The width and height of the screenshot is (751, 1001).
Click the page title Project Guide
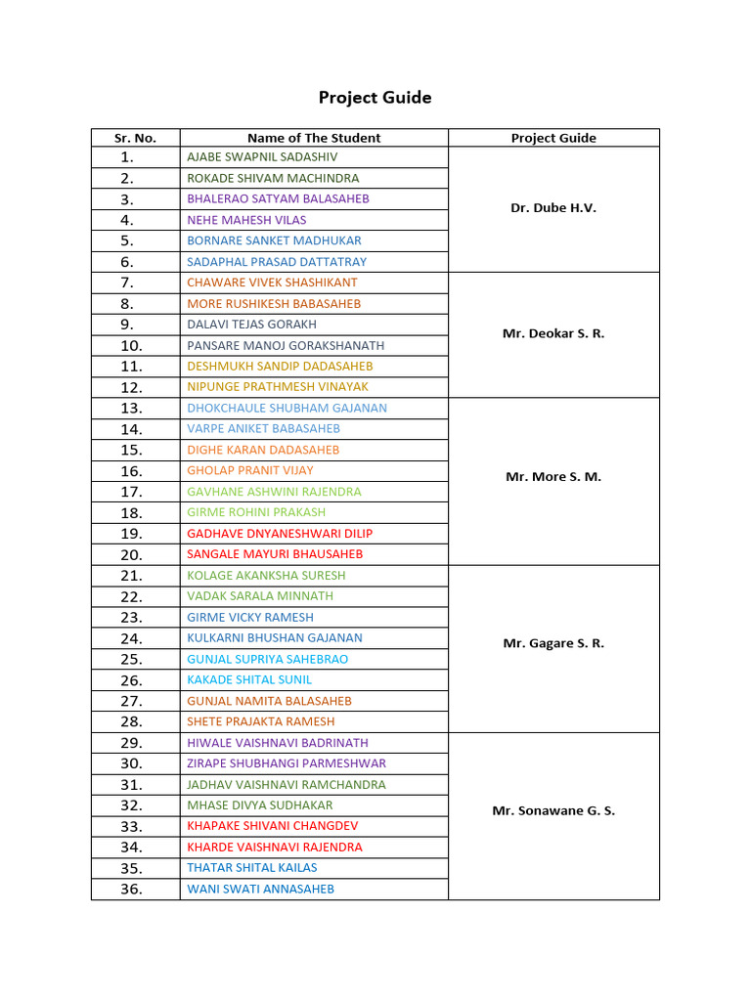[x=375, y=98]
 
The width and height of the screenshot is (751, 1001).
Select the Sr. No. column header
[x=135, y=138]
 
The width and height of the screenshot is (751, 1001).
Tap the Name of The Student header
[x=314, y=138]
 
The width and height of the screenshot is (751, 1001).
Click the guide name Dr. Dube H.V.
[x=553, y=208]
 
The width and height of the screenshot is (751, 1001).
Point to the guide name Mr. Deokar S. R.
[x=553, y=333]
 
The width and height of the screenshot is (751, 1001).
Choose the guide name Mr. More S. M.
[x=553, y=477]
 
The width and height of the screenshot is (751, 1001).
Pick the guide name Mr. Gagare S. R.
[x=553, y=643]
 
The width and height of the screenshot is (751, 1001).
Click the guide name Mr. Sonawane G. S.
[x=553, y=811]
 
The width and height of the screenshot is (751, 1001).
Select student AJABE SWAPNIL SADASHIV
[x=263, y=156]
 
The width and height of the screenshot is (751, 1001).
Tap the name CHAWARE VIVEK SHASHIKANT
[x=272, y=283]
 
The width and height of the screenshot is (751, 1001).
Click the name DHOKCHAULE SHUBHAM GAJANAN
[x=287, y=409]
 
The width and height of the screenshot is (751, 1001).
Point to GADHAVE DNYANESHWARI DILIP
[x=280, y=534]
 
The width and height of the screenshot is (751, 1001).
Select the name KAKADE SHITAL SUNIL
[x=249, y=679]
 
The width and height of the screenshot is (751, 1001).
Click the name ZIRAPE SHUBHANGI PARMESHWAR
[x=287, y=763]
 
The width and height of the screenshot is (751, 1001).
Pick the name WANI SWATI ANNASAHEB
[x=260, y=889]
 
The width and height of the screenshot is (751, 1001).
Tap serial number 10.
[x=132, y=346]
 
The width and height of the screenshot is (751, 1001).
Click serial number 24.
[x=132, y=638]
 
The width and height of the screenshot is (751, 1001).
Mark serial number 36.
[x=132, y=890]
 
